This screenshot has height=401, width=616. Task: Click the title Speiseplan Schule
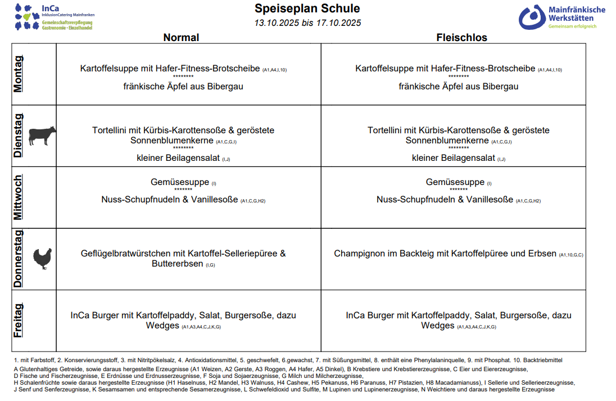pyautogui.click(x=307, y=8)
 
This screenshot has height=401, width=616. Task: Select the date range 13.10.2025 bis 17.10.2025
pyautogui.click(x=307, y=23)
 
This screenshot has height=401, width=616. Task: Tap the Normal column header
pyautogui.click(x=181, y=38)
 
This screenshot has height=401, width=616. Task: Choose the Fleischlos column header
pyautogui.click(x=461, y=38)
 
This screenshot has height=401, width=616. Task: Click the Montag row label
pyautogui.click(x=19, y=74)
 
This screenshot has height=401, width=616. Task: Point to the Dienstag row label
pyautogui.click(x=19, y=136)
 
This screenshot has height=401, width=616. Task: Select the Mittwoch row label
pyautogui.click(x=19, y=197)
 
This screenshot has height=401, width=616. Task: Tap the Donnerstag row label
pyautogui.click(x=19, y=259)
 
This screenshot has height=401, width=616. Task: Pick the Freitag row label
pyautogui.click(x=19, y=321)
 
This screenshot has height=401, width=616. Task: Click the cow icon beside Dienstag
pyautogui.click(x=42, y=136)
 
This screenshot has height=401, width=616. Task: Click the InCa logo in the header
pyautogui.click(x=53, y=17)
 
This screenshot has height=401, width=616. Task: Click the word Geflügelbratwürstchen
pyautogui.click(x=125, y=254)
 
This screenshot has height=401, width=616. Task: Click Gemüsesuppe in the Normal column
pyautogui.click(x=180, y=182)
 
